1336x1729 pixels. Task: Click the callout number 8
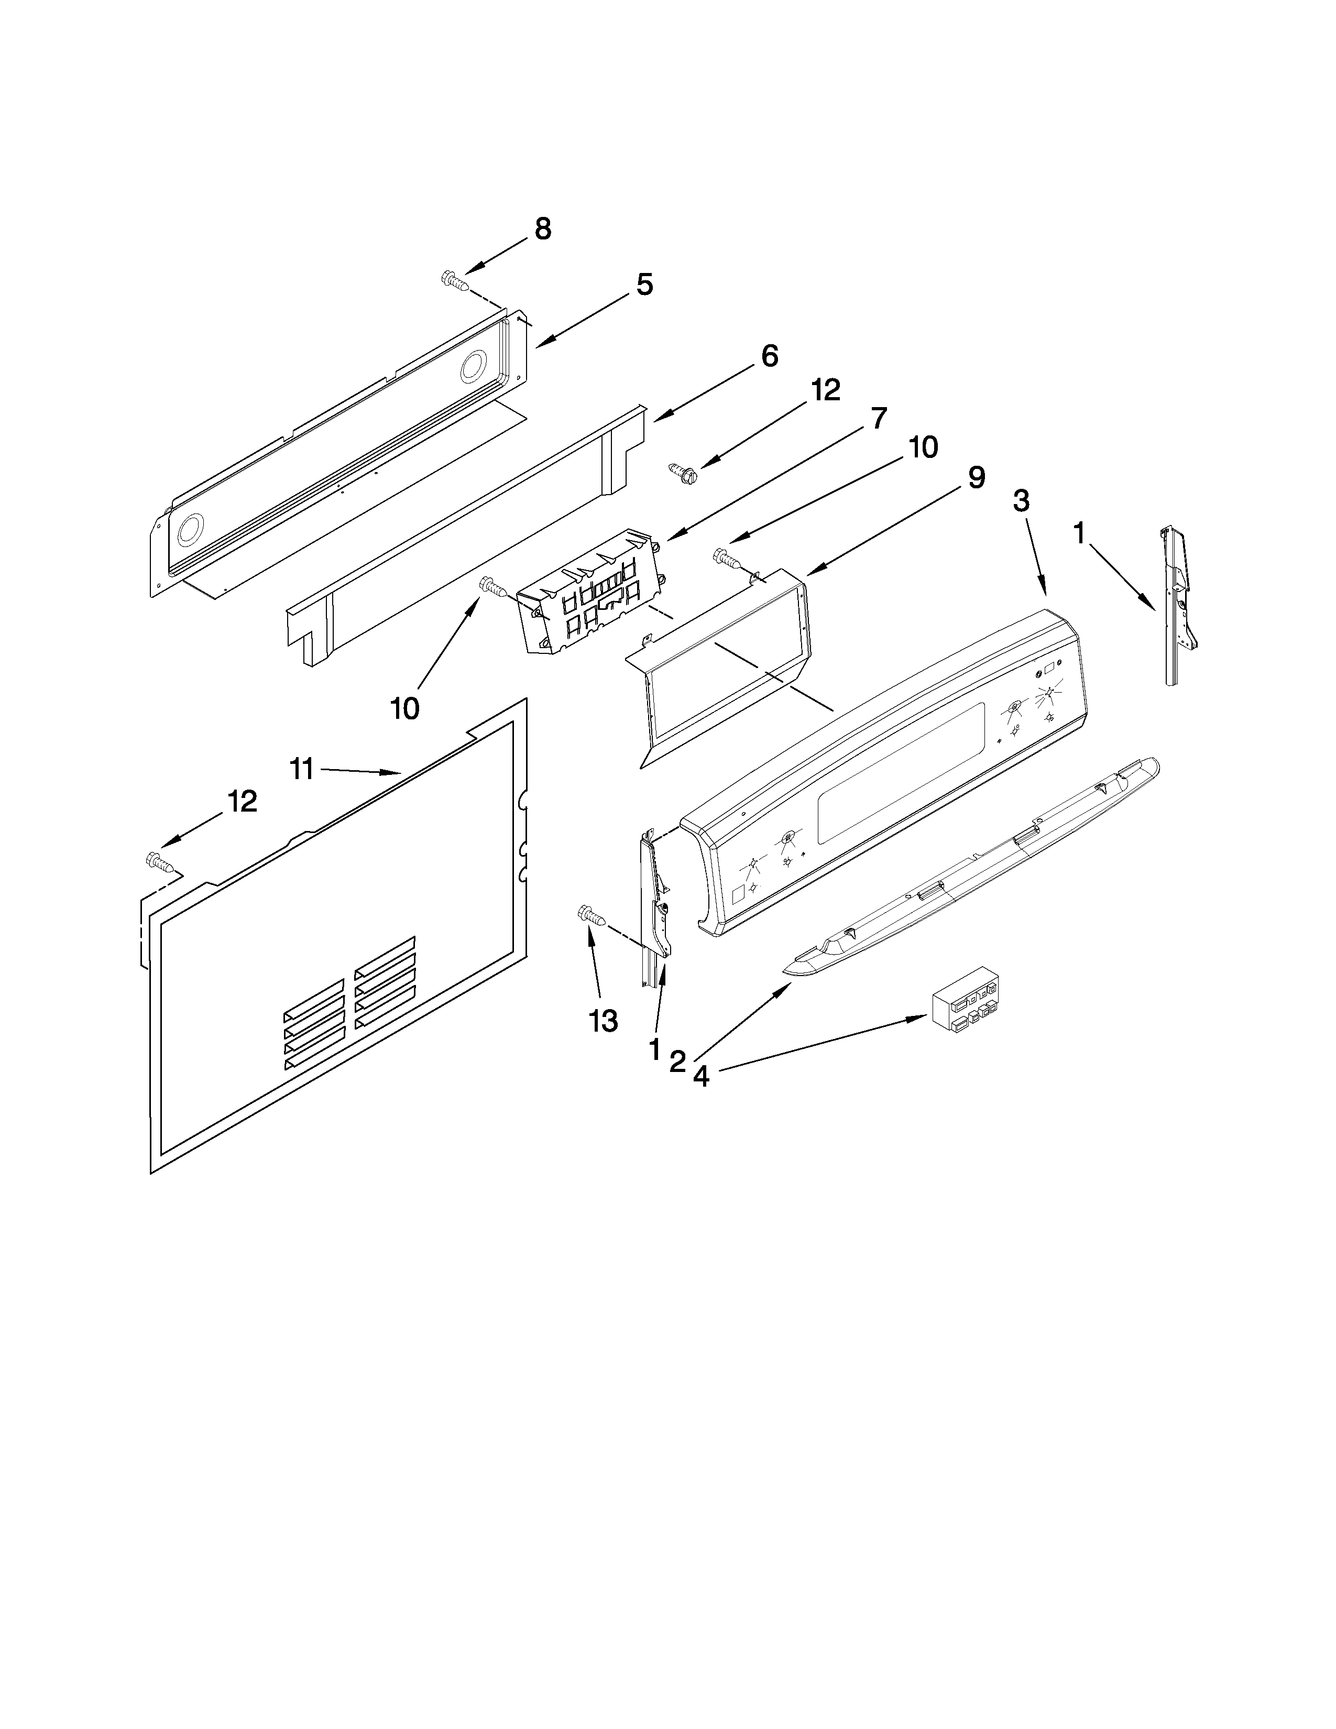pos(542,229)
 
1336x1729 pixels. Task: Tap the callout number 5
pos(645,285)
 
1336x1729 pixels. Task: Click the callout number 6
pos(769,356)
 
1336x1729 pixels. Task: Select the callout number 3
pos(1022,501)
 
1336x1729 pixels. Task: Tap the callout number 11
pos(302,768)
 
